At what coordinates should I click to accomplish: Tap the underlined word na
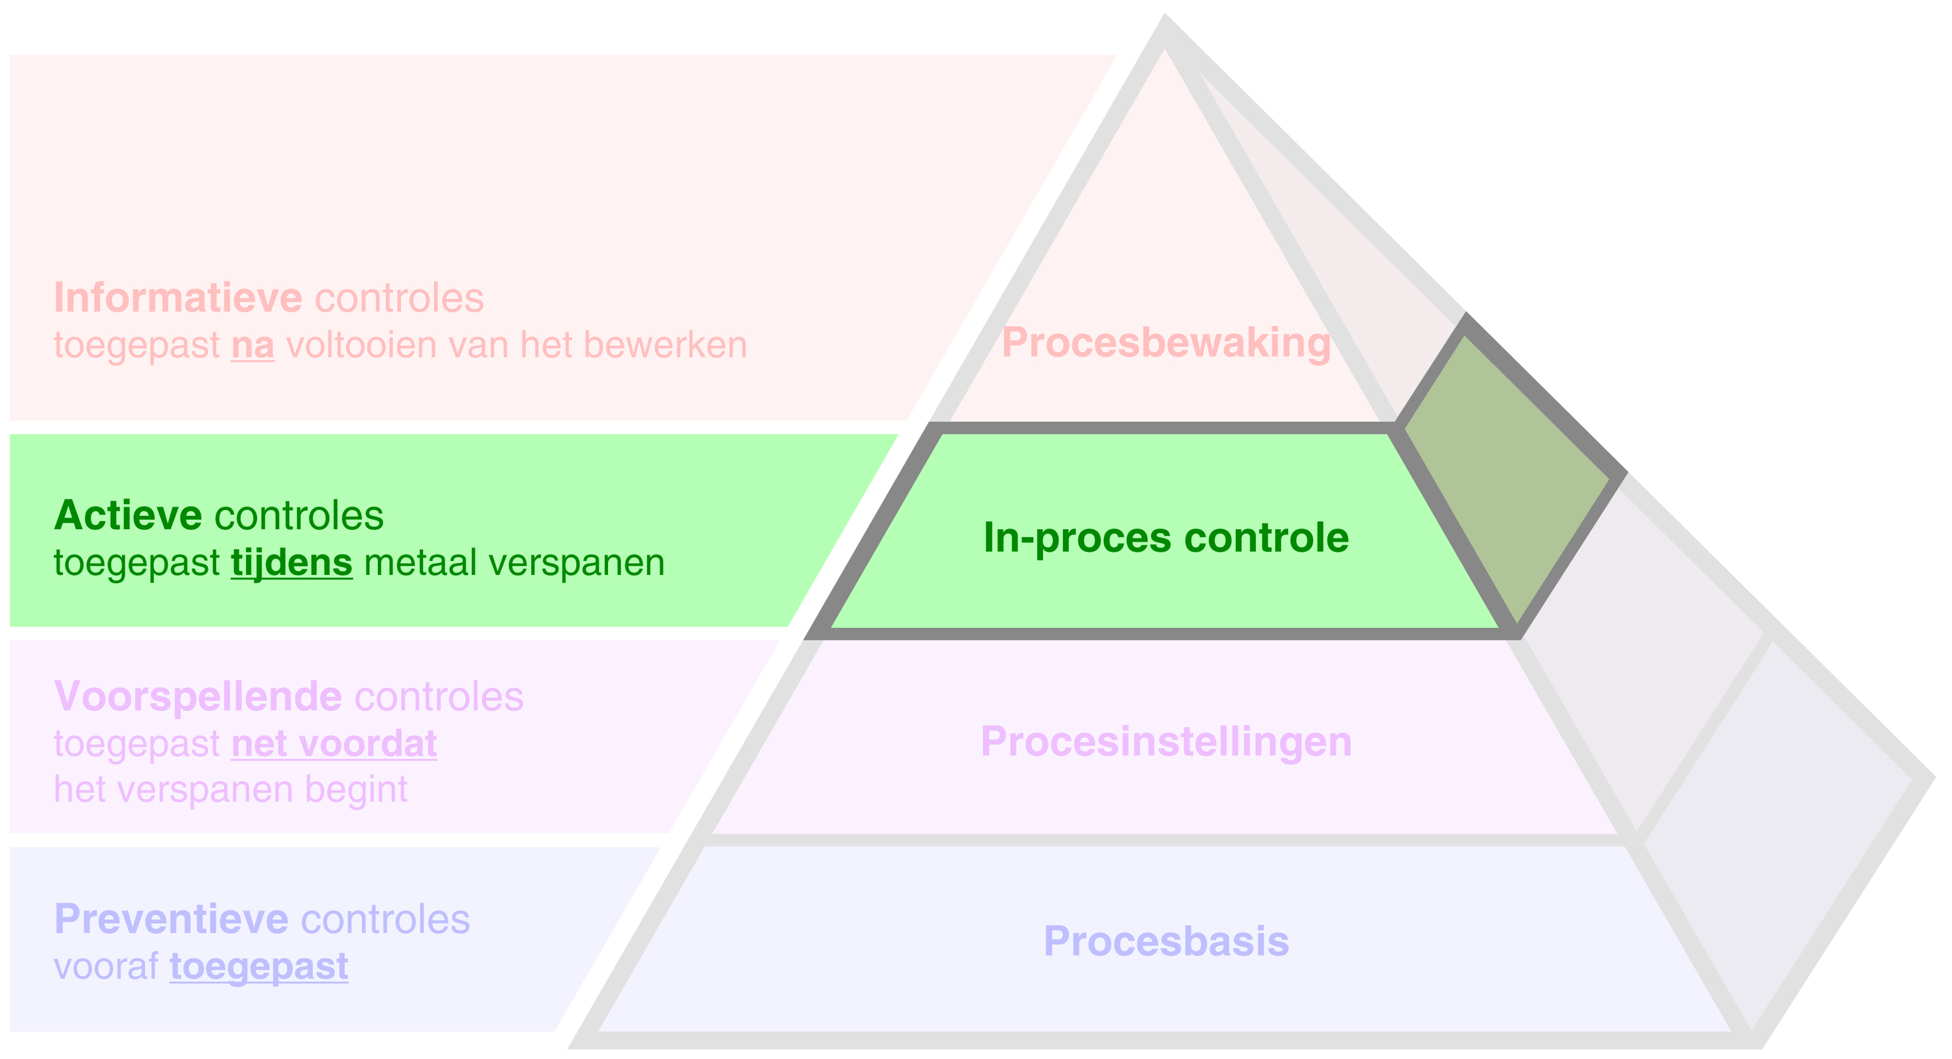253,345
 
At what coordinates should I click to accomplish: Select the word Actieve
127,516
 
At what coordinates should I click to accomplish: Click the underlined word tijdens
292,563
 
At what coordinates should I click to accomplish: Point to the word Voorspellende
198,697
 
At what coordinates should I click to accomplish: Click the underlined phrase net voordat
334,743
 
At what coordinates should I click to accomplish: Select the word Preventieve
171,920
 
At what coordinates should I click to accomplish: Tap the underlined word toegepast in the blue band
259,967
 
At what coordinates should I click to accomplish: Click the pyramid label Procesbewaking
1166,343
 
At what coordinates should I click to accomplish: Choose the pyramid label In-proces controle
1166,538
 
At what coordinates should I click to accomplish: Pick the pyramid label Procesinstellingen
1166,741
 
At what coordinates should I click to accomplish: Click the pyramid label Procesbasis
1166,942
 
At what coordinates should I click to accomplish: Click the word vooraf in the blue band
106,967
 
